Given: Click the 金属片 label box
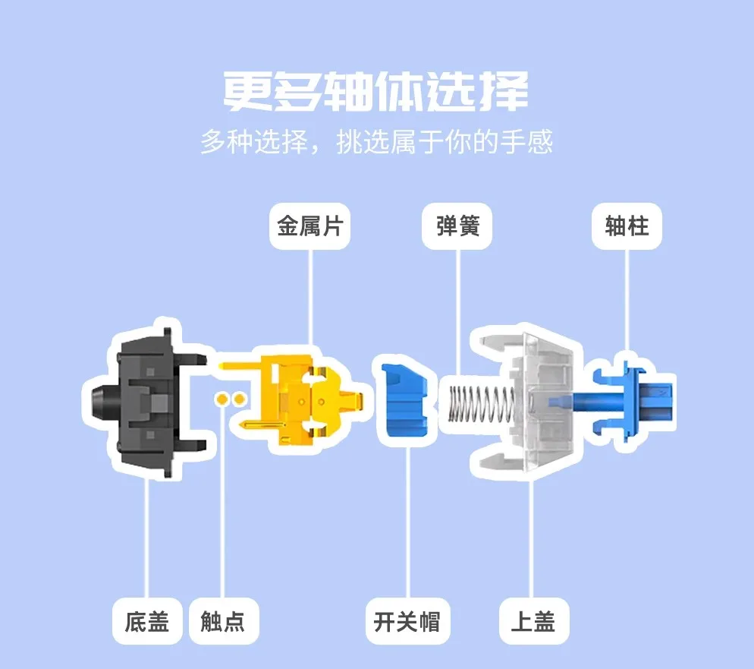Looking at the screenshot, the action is (x=309, y=226).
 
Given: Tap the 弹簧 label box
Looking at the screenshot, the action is (x=457, y=226).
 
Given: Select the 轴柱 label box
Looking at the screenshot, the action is (x=627, y=226).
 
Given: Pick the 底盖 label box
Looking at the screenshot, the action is (x=147, y=621).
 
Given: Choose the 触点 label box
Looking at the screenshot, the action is (x=224, y=621).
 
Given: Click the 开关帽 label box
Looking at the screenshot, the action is (x=407, y=621).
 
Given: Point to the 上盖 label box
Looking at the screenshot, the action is (x=534, y=621).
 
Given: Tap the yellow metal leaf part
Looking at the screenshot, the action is (x=294, y=399).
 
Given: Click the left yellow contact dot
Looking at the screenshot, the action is (x=222, y=399).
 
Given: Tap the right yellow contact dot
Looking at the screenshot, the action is (x=239, y=399).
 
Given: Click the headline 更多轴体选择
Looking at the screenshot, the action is (x=376, y=90).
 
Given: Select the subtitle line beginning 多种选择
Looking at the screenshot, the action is (x=376, y=141).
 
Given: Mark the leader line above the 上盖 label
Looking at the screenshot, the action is (x=531, y=538).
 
